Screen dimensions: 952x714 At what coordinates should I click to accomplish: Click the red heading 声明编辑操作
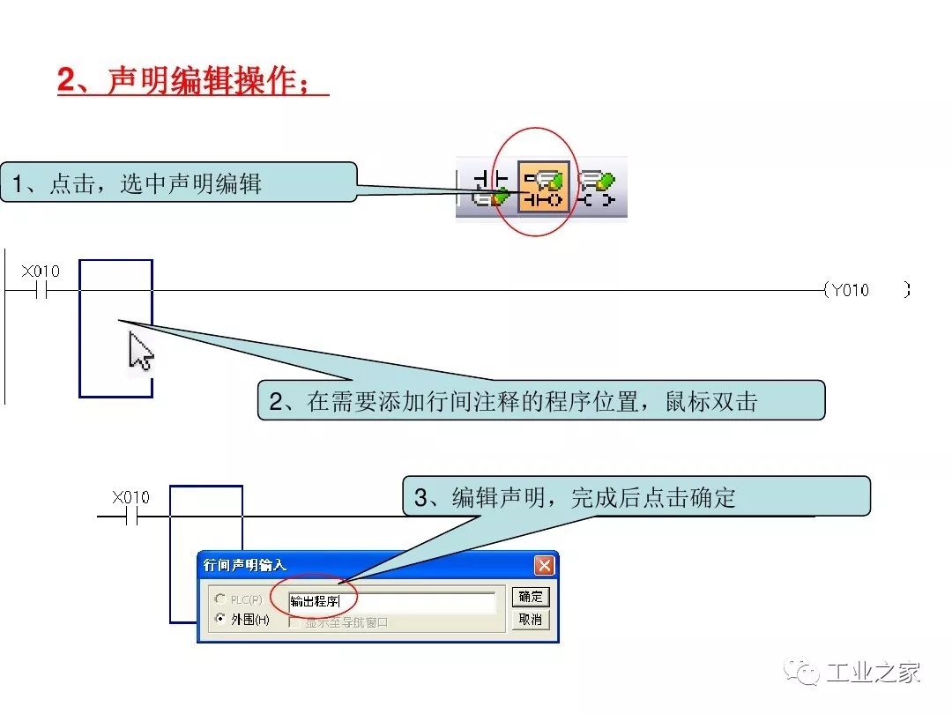click(x=192, y=81)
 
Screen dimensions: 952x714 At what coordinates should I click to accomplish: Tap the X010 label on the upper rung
click(x=41, y=271)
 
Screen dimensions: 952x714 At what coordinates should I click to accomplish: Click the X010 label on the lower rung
click(x=130, y=498)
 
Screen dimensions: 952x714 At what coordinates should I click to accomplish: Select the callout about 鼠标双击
click(x=541, y=401)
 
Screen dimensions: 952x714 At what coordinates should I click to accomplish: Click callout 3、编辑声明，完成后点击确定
click(x=636, y=497)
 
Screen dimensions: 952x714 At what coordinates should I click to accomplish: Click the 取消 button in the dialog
click(x=530, y=620)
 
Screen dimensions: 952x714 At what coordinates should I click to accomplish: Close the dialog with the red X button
click(x=545, y=565)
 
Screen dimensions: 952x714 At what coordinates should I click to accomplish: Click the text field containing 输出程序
click(x=391, y=602)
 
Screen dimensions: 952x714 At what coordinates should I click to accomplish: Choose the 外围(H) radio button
click(x=219, y=619)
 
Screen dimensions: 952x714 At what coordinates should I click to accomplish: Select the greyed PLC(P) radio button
click(x=219, y=599)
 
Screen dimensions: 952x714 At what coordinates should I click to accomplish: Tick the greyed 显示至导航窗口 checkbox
click(x=295, y=622)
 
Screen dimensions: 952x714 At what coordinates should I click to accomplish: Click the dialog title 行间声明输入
click(x=245, y=565)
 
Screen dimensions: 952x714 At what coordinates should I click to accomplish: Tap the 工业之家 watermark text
click(x=873, y=673)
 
